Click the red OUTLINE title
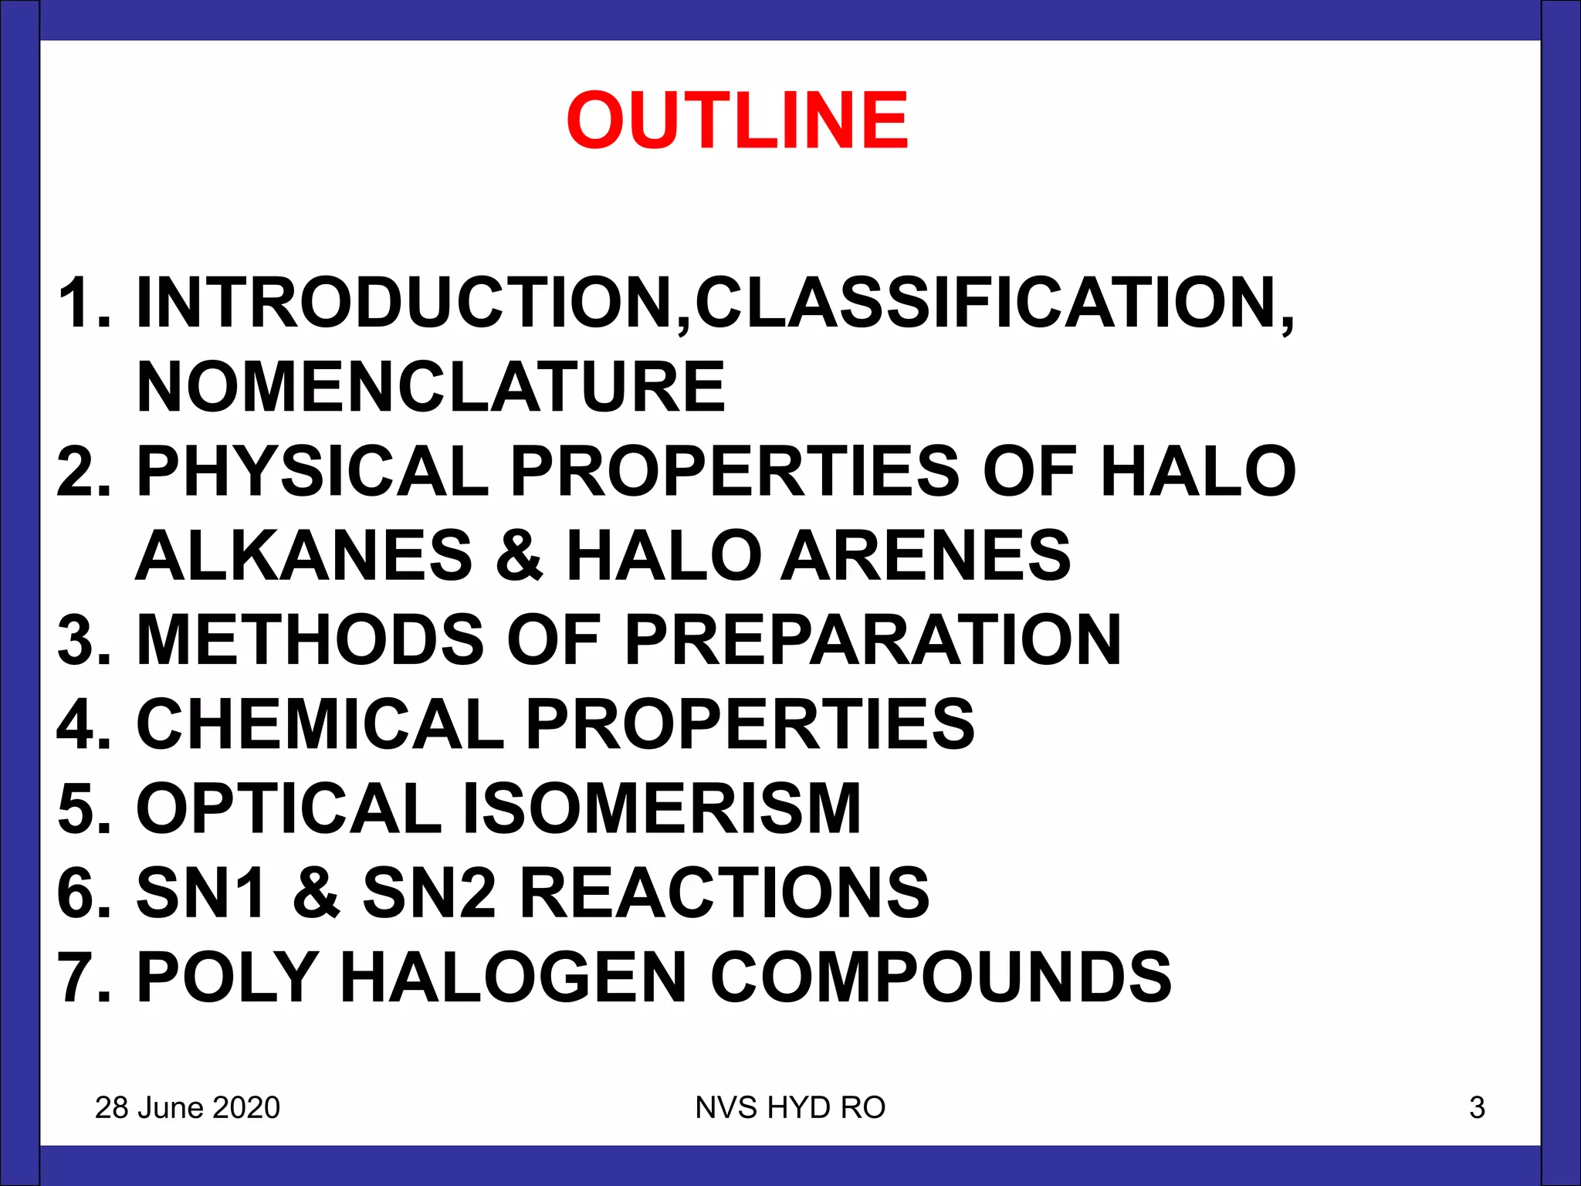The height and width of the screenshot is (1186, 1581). point(737,120)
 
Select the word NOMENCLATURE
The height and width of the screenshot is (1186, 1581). point(431,387)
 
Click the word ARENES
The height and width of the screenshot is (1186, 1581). point(926,555)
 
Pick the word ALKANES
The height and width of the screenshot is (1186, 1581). point(304,555)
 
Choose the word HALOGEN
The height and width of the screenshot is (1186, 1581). point(513,978)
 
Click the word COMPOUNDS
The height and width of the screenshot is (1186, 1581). point(940,978)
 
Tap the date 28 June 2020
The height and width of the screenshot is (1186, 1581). point(188,1108)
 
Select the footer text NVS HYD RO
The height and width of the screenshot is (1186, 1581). point(790,1108)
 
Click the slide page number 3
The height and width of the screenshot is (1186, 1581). point(1477,1108)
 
